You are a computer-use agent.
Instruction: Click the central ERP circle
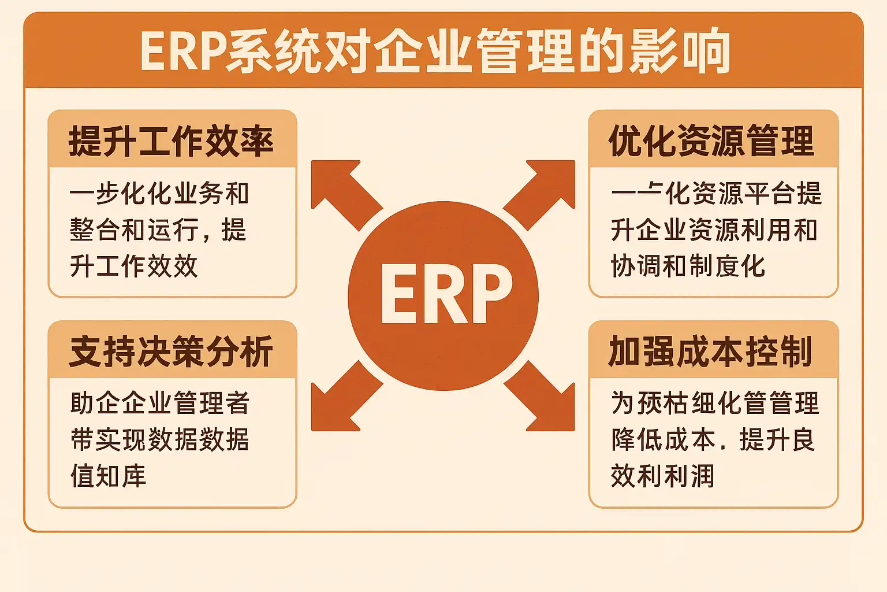[x=443, y=295]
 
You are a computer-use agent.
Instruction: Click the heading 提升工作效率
[x=171, y=141]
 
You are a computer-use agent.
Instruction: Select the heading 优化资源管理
[x=711, y=141]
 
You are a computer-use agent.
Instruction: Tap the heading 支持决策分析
[x=171, y=351]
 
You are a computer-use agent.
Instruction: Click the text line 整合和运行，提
[x=158, y=230]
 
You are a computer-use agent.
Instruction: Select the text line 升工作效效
[x=134, y=267]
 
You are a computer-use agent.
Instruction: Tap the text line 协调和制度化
[x=688, y=267]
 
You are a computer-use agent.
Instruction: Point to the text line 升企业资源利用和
[x=714, y=230]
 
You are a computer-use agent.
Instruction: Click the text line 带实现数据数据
[x=160, y=440]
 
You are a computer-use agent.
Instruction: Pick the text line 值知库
[x=109, y=476]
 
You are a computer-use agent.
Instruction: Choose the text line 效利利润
[x=662, y=476]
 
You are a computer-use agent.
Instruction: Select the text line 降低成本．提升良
[x=713, y=440]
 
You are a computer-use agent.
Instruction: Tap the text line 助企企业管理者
[x=160, y=403]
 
